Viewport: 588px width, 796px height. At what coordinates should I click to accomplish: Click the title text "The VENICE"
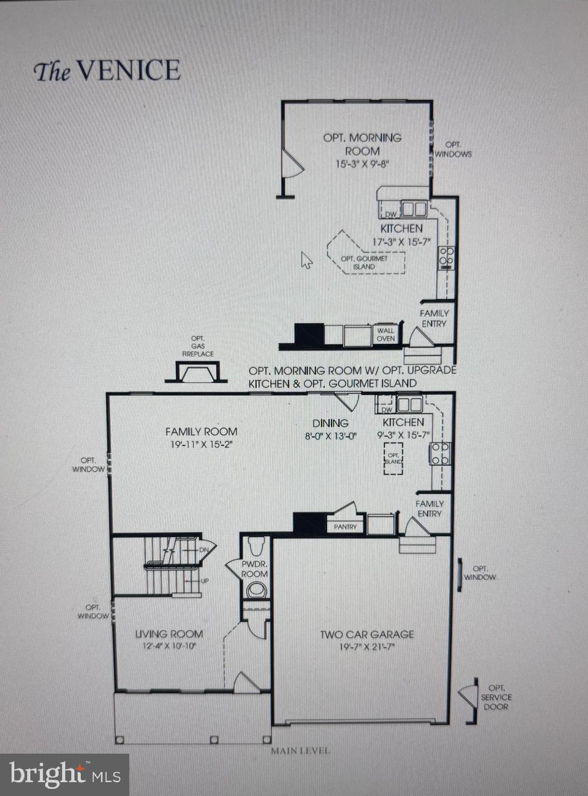click(107, 70)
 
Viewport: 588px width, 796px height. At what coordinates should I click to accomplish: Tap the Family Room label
click(201, 431)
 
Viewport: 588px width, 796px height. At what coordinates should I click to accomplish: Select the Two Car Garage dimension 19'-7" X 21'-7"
click(367, 647)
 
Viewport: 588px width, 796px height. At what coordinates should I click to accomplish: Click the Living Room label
click(169, 634)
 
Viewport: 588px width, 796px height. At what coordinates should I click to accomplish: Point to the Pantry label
click(345, 527)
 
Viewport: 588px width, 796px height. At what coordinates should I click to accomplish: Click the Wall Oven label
click(385, 334)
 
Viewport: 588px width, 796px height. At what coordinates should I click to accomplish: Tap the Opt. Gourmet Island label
click(364, 262)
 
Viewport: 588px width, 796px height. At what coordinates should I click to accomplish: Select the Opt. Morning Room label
click(362, 144)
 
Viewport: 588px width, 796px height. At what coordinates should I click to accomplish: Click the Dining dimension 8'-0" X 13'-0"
click(331, 436)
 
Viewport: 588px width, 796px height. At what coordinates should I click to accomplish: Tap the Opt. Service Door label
click(496, 697)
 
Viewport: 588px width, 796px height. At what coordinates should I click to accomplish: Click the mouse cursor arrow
click(306, 260)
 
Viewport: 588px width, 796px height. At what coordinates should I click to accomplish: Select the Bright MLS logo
click(64, 774)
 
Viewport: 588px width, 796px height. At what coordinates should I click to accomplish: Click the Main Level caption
click(300, 750)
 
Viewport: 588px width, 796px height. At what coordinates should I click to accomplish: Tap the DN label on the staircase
click(204, 549)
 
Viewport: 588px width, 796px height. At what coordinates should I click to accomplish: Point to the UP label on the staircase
click(205, 581)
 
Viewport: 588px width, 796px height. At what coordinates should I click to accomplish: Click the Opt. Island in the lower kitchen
click(393, 458)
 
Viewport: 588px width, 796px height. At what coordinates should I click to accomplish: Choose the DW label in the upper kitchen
click(391, 214)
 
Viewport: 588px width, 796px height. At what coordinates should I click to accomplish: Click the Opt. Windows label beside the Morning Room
click(453, 149)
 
